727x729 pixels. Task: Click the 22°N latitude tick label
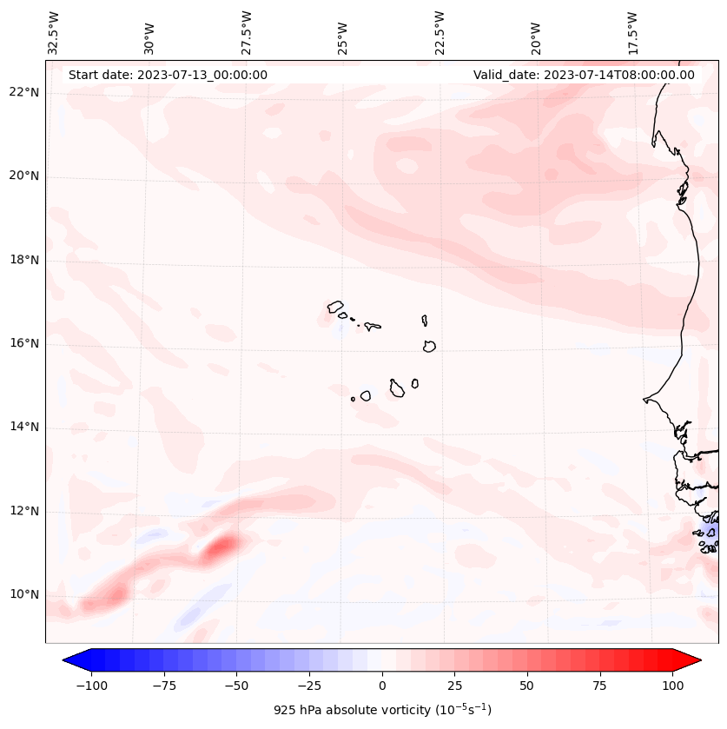click(x=24, y=93)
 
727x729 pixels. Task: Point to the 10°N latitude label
click(x=24, y=594)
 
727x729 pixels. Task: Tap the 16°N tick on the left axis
click(x=24, y=344)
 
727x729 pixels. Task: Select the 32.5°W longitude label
click(x=54, y=32)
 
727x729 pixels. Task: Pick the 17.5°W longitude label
click(x=632, y=32)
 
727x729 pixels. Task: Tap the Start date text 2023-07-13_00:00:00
click(x=168, y=75)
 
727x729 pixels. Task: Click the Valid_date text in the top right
click(x=584, y=75)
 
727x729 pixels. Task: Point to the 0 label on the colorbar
click(x=381, y=686)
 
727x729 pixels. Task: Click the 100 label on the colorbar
click(x=673, y=686)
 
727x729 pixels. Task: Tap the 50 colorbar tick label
click(x=527, y=686)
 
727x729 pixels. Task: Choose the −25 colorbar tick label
click(x=308, y=686)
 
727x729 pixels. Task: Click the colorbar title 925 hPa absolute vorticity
click(x=382, y=710)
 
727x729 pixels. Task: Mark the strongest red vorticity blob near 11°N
click(x=222, y=546)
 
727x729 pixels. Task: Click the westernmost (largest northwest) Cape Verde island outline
click(x=335, y=307)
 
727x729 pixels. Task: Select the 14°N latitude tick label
click(x=24, y=427)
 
